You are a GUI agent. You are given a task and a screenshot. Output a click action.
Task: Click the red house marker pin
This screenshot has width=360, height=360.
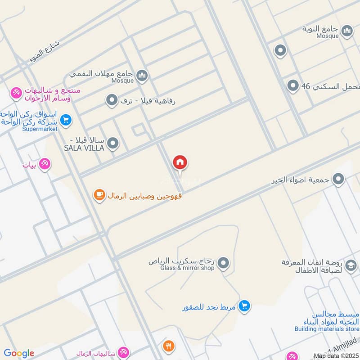180,162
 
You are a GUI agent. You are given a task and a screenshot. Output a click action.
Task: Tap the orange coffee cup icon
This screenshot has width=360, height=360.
99,194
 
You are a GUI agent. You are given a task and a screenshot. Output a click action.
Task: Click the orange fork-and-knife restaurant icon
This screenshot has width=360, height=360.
169,346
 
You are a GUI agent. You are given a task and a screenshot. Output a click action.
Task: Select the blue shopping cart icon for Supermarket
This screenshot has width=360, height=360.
66,120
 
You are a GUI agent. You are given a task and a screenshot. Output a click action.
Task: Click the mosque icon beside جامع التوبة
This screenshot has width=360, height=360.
347,31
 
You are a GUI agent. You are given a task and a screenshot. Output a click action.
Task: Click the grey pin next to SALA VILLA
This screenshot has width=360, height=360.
113,144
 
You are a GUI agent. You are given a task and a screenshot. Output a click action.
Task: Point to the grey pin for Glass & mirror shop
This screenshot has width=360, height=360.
223,262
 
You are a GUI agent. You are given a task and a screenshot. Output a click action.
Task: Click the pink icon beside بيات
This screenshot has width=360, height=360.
45,164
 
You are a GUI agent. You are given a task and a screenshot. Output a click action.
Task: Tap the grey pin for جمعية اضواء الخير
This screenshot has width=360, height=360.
338,180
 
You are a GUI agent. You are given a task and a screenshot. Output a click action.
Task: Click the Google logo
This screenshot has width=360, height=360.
18,353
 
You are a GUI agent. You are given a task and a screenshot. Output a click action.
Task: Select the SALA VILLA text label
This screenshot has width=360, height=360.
84,148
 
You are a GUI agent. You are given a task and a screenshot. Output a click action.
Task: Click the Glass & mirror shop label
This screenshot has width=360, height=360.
187,268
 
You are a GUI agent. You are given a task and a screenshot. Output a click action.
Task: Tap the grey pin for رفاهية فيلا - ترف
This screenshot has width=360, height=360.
111,100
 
